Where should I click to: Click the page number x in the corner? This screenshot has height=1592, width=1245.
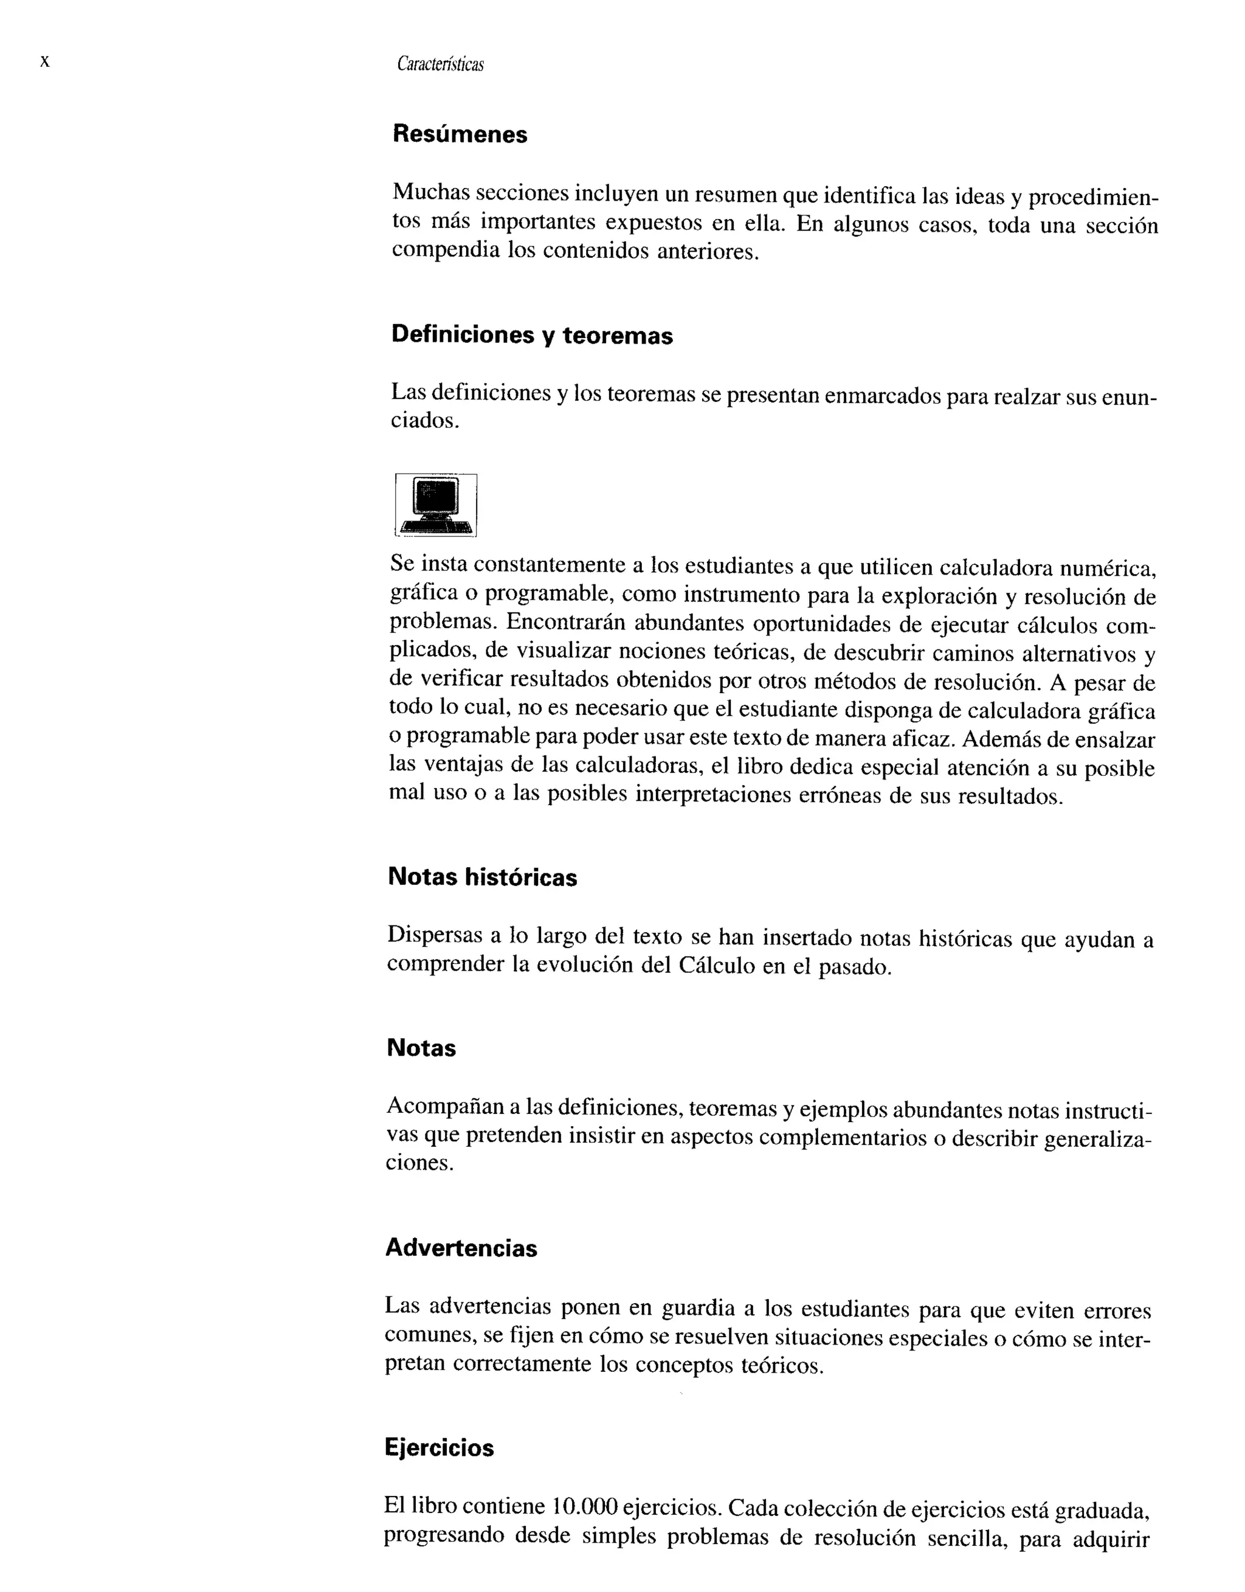pyautogui.click(x=44, y=62)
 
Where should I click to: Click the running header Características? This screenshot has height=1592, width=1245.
pyautogui.click(x=440, y=65)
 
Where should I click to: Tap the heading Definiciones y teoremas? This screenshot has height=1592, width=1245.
pyautogui.click(x=531, y=334)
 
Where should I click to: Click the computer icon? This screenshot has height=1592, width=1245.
pyautogui.click(x=436, y=505)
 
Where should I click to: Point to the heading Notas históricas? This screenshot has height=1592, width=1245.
pyautogui.click(x=482, y=877)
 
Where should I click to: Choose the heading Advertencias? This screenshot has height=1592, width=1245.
pyautogui.click(x=461, y=1248)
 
